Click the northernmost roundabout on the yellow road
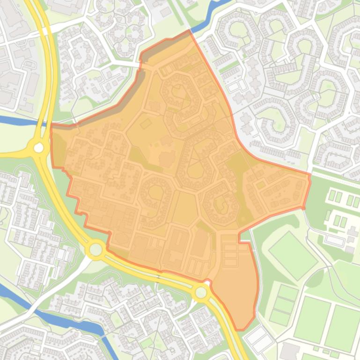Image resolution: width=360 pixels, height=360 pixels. (x=38, y=148)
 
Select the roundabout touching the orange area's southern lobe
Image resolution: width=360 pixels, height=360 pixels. (x=201, y=293)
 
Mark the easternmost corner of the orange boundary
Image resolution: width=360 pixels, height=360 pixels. (x=310, y=175)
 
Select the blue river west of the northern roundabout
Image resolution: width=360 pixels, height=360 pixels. (x=16, y=121)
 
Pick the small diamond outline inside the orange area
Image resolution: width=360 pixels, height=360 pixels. (x=146, y=123)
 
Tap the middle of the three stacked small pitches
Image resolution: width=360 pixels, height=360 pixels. (x=284, y=305)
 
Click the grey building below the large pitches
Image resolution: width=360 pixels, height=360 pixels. (x=290, y=351)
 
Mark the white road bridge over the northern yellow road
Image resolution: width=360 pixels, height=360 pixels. (x=51, y=28)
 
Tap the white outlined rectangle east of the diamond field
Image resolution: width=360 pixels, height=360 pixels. (x=335, y=240)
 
